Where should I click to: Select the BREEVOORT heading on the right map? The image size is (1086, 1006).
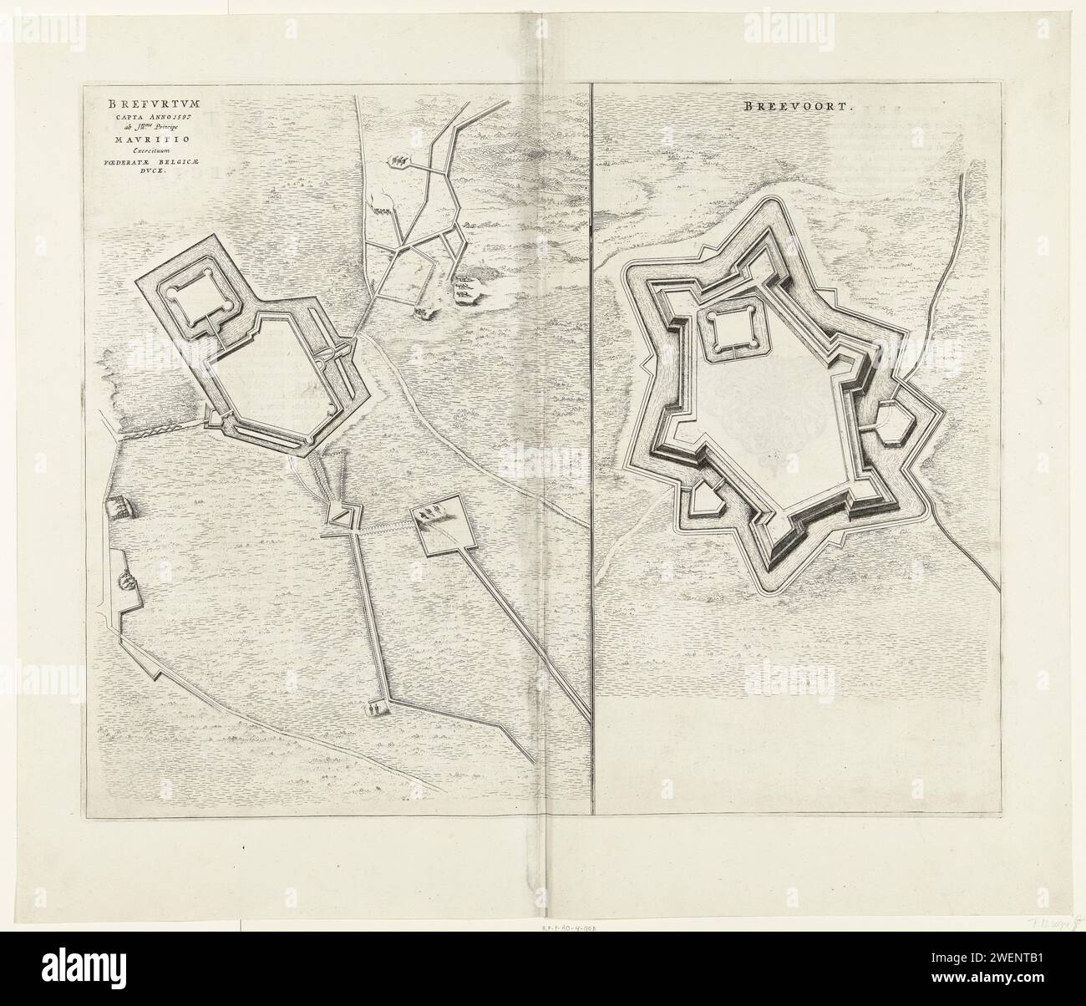pos(787,107)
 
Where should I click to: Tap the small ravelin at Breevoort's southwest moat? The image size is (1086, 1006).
pos(707,498)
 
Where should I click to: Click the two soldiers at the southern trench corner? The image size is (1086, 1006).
pos(376,709)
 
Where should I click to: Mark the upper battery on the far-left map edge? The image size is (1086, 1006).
pos(115,506)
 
